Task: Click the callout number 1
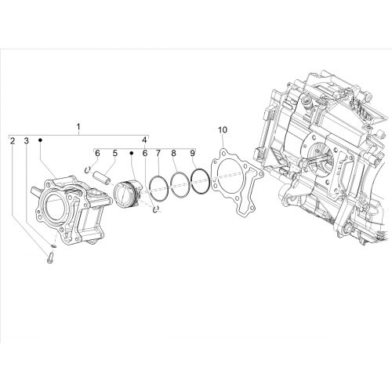pyautogui.click(x=78, y=127)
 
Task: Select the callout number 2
pyautogui.click(x=13, y=141)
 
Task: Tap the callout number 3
pyautogui.click(x=26, y=141)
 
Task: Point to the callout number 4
pyautogui.click(x=144, y=140)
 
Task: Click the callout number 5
pyautogui.click(x=115, y=154)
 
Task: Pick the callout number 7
pyautogui.click(x=158, y=154)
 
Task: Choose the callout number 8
pyautogui.click(x=174, y=154)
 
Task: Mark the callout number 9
pyautogui.click(x=192, y=154)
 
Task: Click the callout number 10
pyautogui.click(x=223, y=129)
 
